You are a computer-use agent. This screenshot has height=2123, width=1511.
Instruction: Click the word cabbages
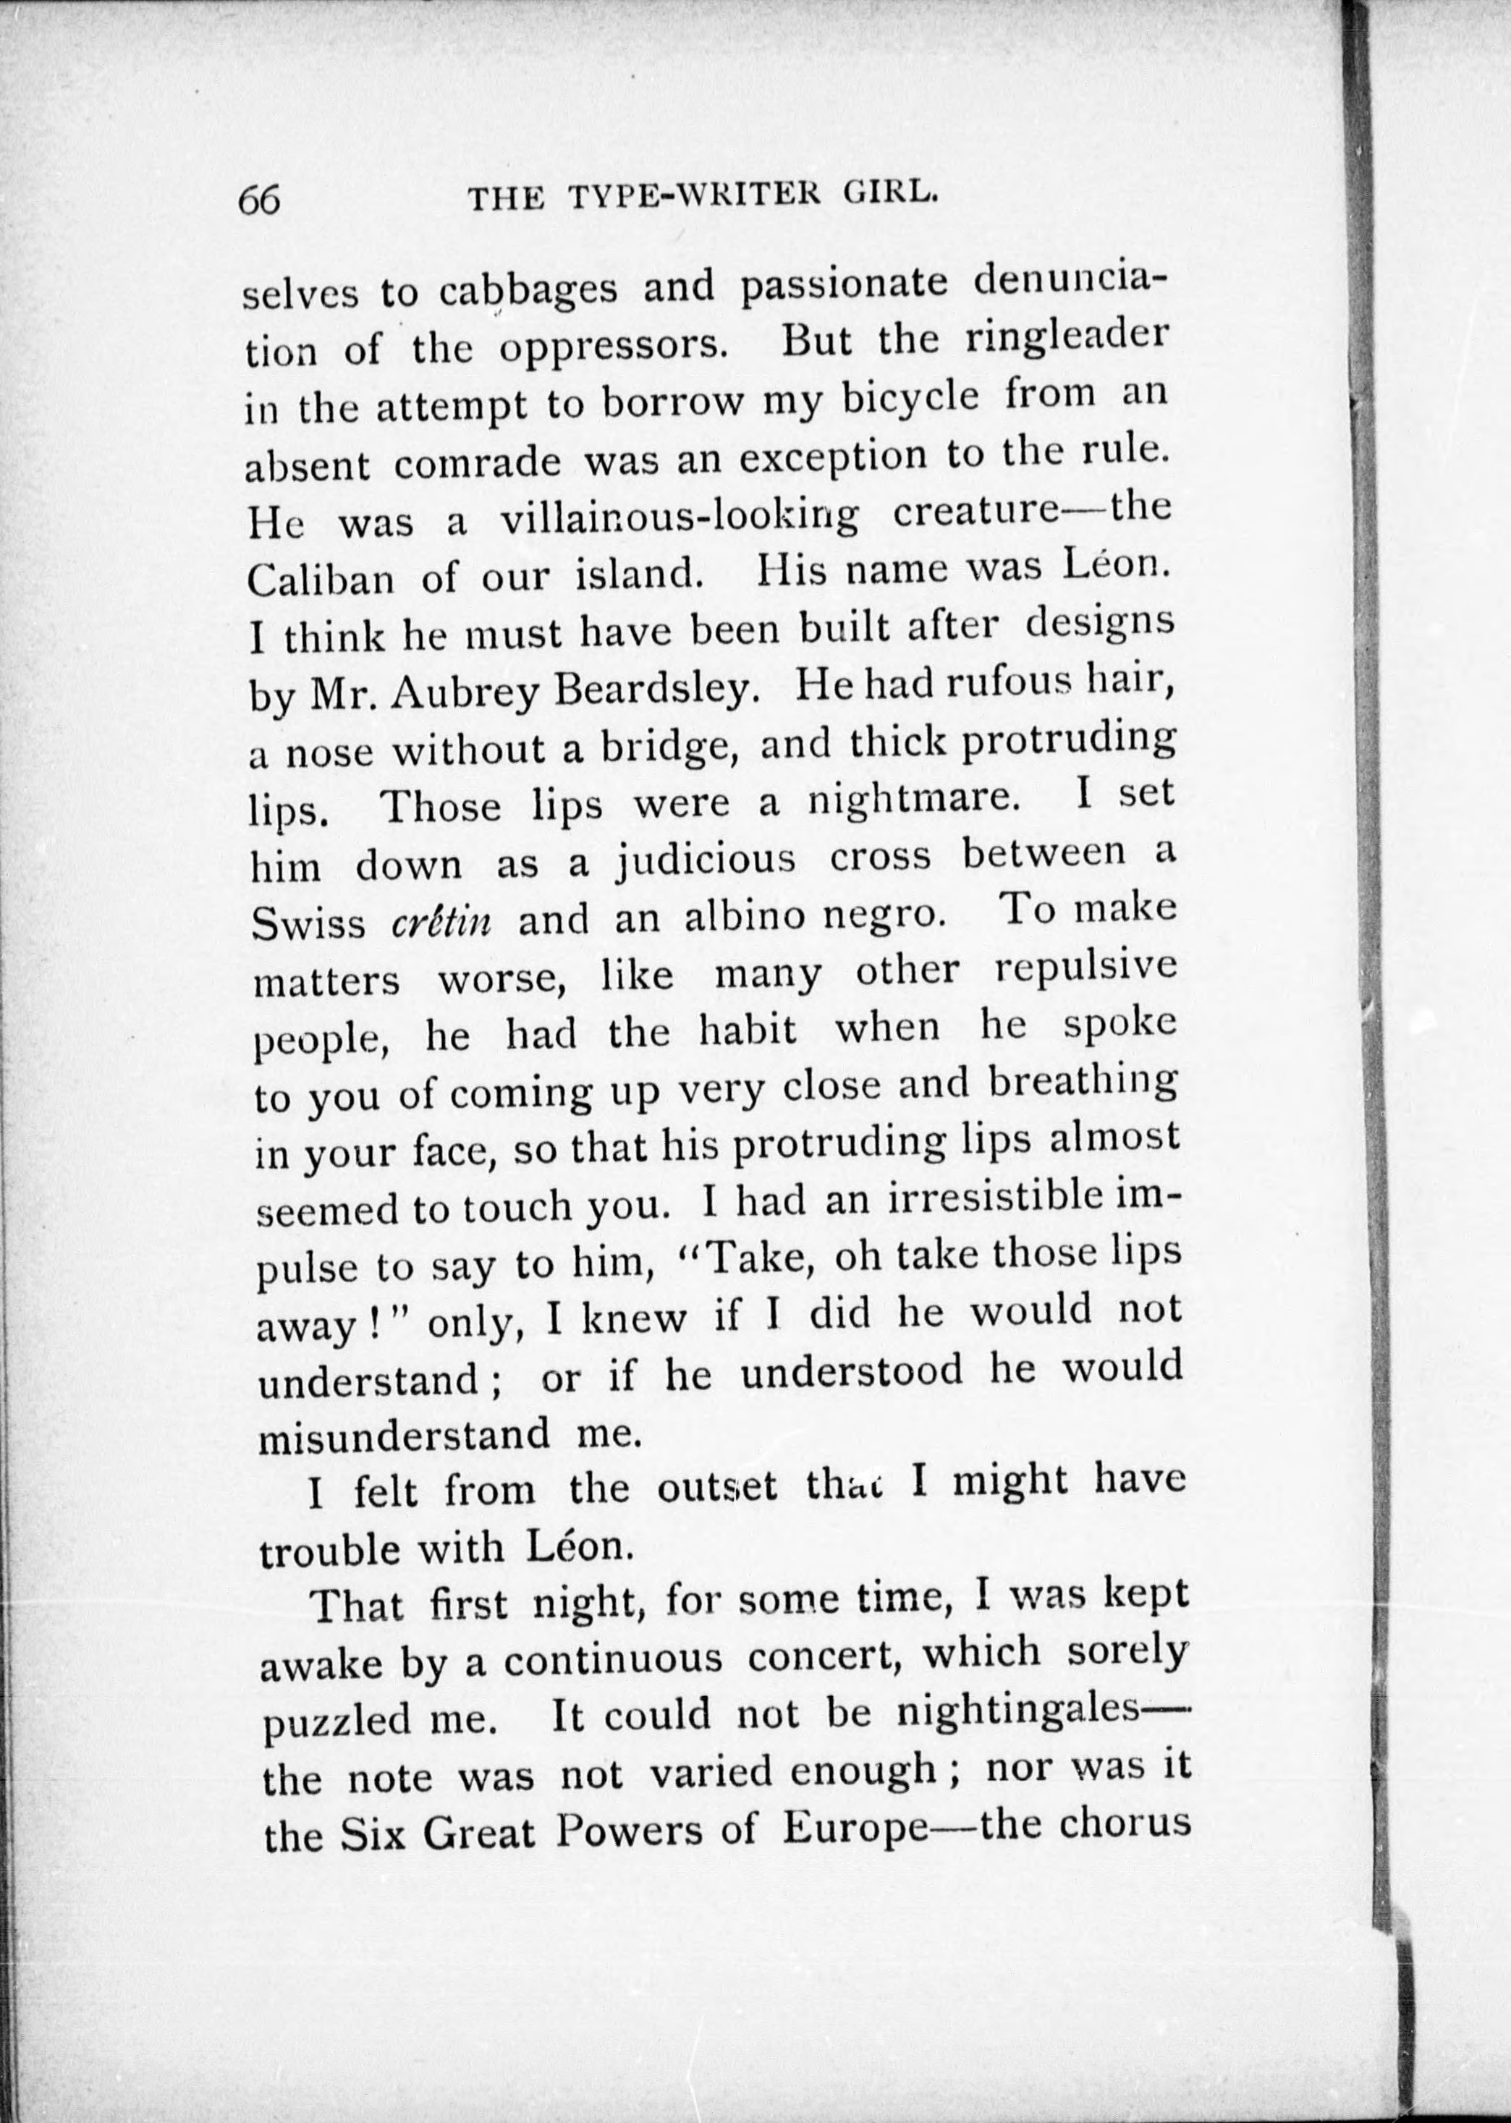(x=528, y=289)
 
